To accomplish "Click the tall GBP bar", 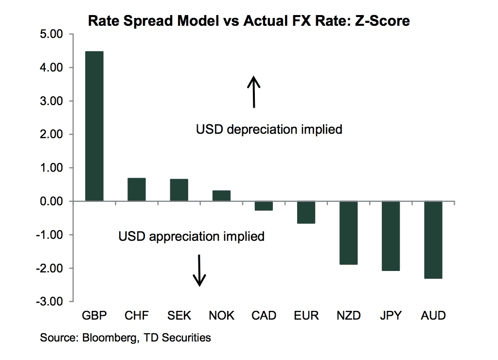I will click(94, 126).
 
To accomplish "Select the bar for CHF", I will click(137, 189).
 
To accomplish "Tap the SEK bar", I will click(179, 190).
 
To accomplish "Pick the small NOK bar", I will click(221, 196).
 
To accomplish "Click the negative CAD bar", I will click(264, 206).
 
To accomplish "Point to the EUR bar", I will click(306, 213).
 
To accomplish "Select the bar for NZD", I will click(348, 233).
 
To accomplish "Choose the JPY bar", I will click(391, 236).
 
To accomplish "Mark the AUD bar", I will click(433, 240).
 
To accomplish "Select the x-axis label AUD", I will click(433, 316).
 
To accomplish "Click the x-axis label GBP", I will click(94, 316).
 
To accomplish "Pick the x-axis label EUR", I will click(306, 316).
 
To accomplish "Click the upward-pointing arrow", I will click(253, 91).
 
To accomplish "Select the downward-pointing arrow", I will click(199, 271).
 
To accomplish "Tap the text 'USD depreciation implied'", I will click(269, 130).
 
